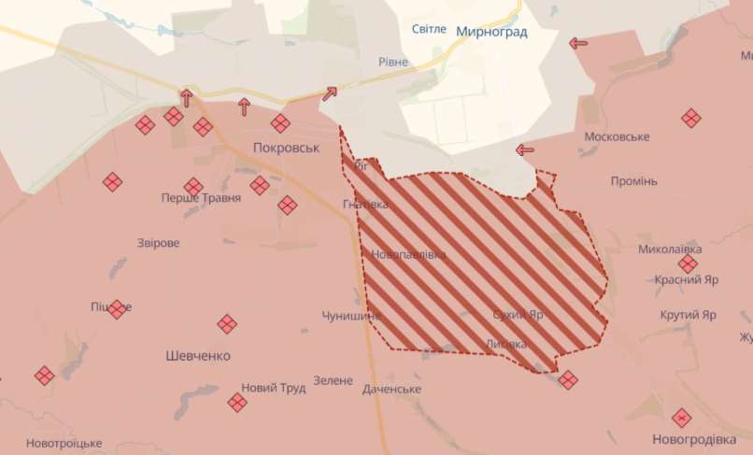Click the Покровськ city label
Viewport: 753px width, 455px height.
(286, 148)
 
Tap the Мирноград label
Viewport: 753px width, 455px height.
(491, 32)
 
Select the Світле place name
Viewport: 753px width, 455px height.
(429, 30)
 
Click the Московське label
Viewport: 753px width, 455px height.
(617, 137)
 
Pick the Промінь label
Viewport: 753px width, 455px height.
(634, 180)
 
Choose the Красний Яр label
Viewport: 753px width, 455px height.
(686, 279)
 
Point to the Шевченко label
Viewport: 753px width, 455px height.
(198, 356)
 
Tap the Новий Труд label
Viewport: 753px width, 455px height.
(273, 388)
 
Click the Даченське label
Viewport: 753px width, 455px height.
(391, 389)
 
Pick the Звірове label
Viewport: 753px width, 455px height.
(158, 243)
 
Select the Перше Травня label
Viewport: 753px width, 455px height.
(201, 198)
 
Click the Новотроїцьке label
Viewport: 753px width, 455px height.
(64, 443)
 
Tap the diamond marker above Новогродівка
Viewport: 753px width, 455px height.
(682, 418)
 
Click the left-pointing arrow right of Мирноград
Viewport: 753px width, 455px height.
(578, 43)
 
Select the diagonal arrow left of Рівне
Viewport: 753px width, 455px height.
(330, 93)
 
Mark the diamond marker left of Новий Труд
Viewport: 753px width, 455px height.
(237, 403)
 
